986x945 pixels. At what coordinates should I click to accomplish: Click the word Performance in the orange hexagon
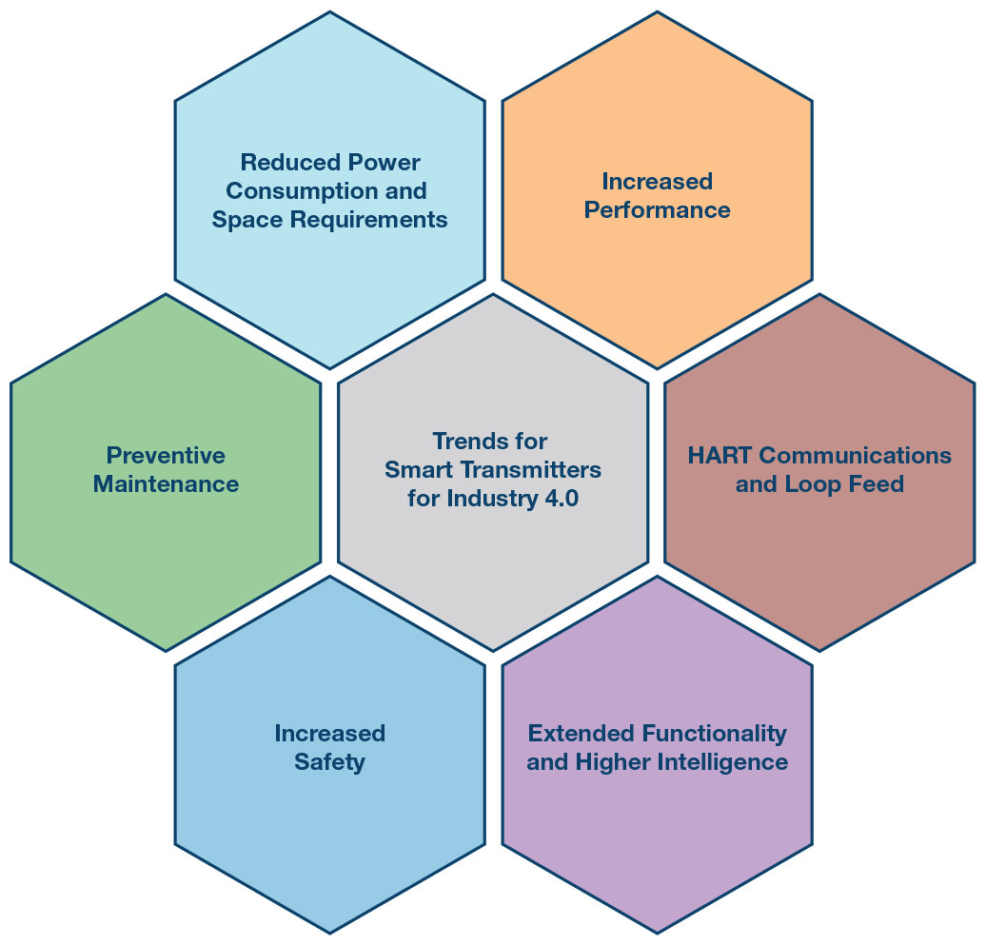coord(657,210)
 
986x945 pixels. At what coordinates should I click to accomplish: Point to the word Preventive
coord(166,455)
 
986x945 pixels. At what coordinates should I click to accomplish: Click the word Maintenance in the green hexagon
coord(166,484)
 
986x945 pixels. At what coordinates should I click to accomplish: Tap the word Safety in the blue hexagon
coord(329,762)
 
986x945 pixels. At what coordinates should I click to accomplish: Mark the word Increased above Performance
coord(657,181)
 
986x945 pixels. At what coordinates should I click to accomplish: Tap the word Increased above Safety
coord(329,734)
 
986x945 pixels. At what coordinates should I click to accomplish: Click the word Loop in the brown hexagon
coord(812,484)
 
